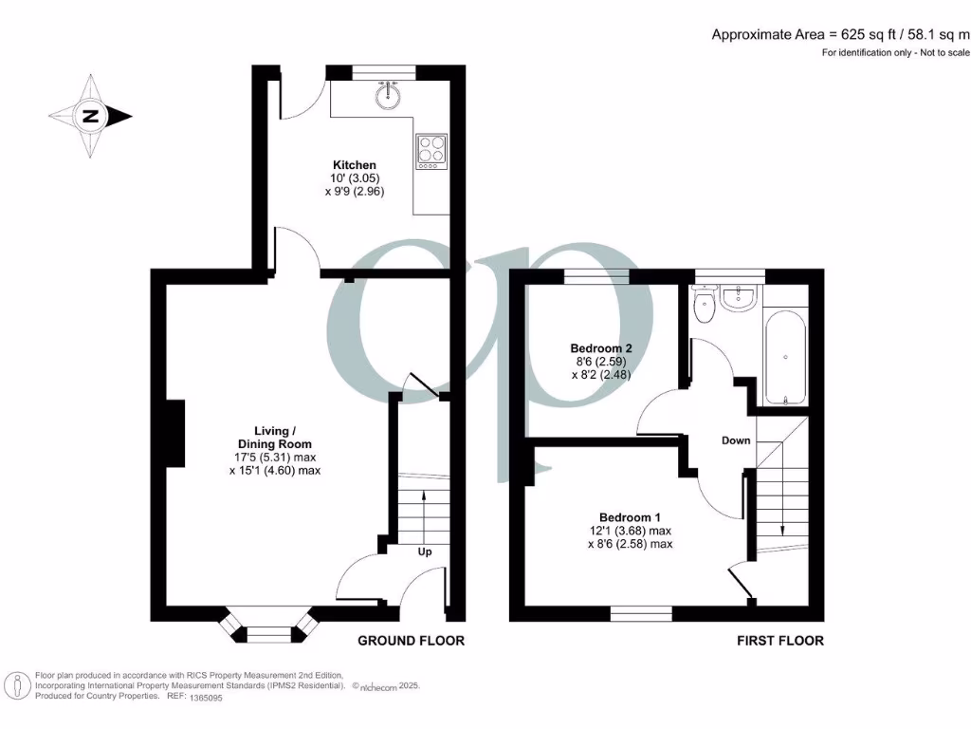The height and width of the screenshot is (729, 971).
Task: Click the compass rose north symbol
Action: pyautogui.click(x=91, y=117)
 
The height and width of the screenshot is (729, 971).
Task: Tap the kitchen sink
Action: pyautogui.click(x=386, y=94)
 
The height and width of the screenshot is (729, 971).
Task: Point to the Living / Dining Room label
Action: pyautogui.click(x=274, y=438)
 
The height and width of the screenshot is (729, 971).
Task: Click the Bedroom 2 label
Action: pyautogui.click(x=601, y=348)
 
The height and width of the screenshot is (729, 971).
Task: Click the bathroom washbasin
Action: pyautogui.click(x=739, y=298)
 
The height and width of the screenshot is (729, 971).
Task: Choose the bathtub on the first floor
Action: pyautogui.click(x=785, y=357)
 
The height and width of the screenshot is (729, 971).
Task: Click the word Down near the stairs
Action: pyautogui.click(x=736, y=440)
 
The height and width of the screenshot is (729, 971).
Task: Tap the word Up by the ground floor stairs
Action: pyautogui.click(x=425, y=551)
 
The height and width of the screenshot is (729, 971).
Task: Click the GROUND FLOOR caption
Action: pyautogui.click(x=411, y=641)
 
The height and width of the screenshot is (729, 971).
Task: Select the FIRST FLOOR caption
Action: pyautogui.click(x=780, y=641)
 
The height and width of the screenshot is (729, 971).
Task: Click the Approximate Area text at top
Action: pyautogui.click(x=840, y=34)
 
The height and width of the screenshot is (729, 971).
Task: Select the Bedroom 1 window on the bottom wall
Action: pyautogui.click(x=641, y=614)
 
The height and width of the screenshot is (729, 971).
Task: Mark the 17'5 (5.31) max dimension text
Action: pyautogui.click(x=274, y=456)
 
